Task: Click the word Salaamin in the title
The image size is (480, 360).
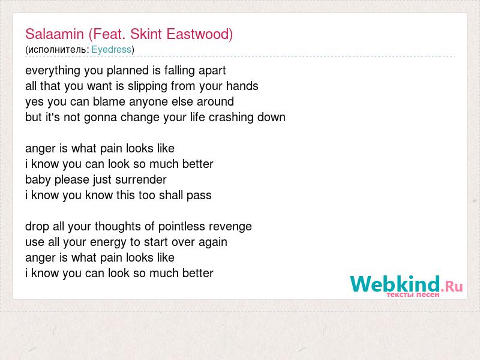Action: [x=55, y=34]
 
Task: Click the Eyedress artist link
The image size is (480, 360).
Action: [x=111, y=49]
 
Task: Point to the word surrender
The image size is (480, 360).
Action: [x=141, y=179]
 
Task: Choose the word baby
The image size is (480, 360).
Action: [x=38, y=180]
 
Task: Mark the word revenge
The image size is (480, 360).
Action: [x=230, y=227]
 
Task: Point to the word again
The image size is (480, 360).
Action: [x=213, y=242]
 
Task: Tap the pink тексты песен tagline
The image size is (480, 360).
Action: [x=413, y=295]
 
